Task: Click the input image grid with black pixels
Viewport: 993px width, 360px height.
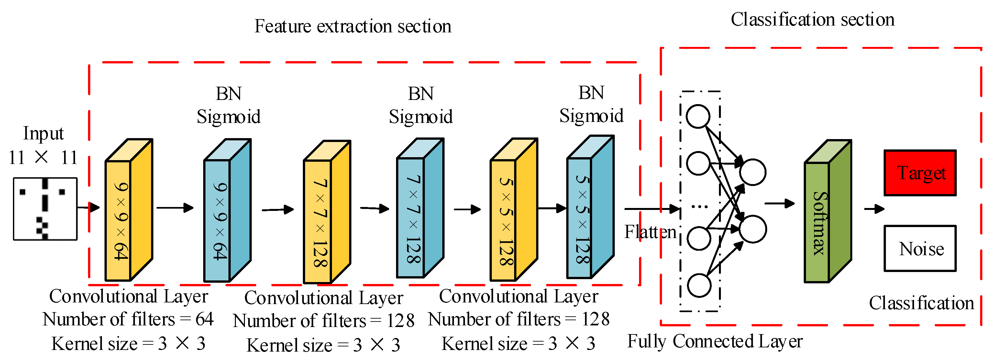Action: [x=45, y=209]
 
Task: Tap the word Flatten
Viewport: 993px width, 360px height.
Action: [x=650, y=232]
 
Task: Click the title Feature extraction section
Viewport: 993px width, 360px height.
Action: [x=353, y=26]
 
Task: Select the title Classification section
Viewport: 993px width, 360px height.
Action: [x=812, y=19]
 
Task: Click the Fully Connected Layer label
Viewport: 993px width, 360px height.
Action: [x=715, y=341]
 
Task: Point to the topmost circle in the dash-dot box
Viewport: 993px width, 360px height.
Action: [x=698, y=116]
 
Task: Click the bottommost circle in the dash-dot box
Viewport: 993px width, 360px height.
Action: [x=699, y=286]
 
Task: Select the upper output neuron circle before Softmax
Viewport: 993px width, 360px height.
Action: [x=753, y=172]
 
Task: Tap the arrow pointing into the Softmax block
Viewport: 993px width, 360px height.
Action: [x=779, y=203]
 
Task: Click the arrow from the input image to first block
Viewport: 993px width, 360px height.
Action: [x=88, y=207]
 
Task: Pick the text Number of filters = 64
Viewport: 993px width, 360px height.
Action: [x=128, y=319]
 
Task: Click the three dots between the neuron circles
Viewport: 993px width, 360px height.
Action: [x=699, y=207]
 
